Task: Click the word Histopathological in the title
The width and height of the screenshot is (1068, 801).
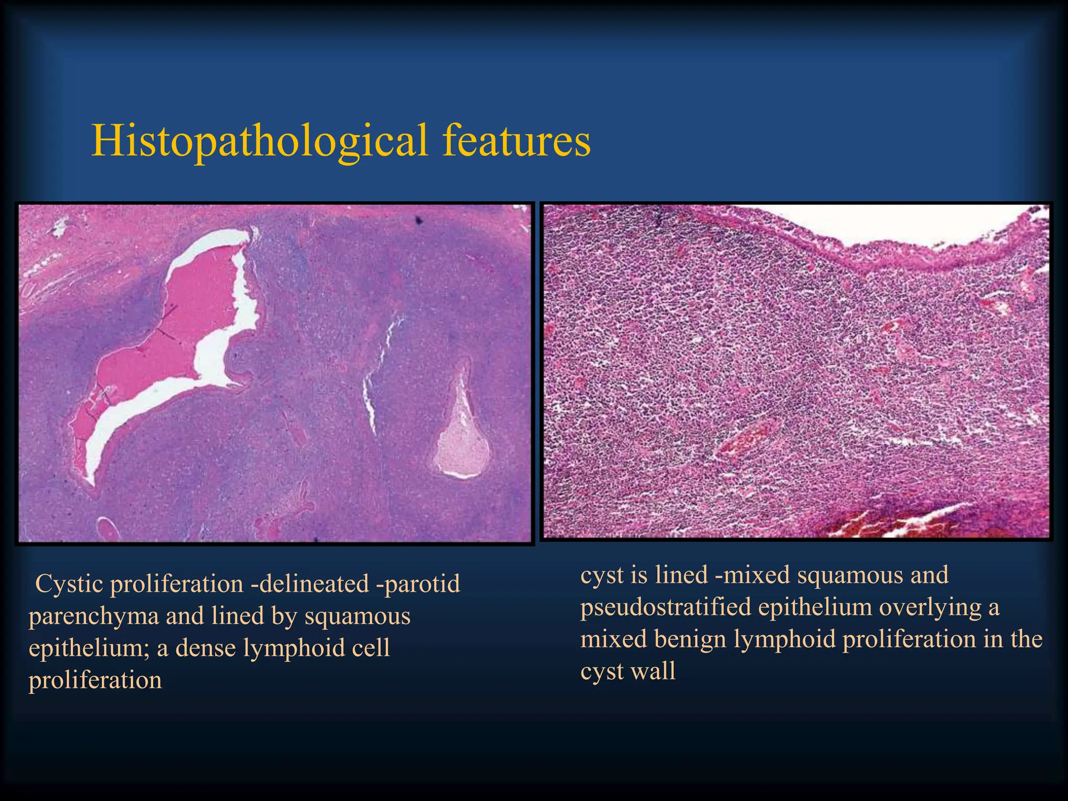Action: point(259,141)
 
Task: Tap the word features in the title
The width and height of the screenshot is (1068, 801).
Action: point(516,141)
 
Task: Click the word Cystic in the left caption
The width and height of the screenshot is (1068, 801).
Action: point(69,584)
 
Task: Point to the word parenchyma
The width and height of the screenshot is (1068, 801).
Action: point(93,616)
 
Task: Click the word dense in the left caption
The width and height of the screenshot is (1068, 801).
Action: point(206,648)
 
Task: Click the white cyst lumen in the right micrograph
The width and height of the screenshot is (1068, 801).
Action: point(887,224)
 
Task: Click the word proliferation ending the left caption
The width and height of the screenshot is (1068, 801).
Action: point(95,681)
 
